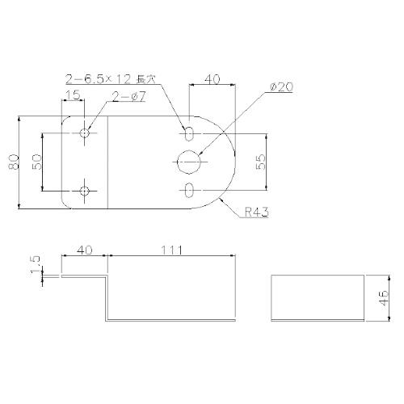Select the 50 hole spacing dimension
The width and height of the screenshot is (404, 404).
point(36,162)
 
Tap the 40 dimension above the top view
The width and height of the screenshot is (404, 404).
point(213,79)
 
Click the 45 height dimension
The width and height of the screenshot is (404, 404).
point(384,297)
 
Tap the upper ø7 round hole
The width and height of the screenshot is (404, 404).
point(86,132)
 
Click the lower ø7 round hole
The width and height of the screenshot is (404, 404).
point(86,191)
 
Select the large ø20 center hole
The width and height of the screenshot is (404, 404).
point(188,162)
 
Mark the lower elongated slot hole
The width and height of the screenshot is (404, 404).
point(188,191)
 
